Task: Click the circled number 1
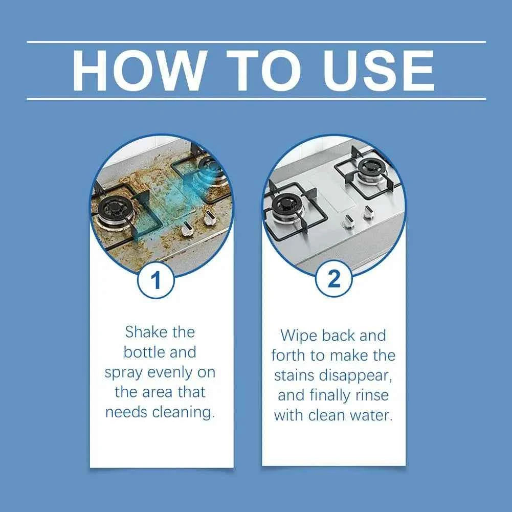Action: (x=156, y=281)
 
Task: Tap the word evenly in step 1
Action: (x=172, y=372)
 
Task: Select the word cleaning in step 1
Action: (x=183, y=412)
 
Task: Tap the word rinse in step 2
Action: (x=369, y=395)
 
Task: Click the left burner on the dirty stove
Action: (x=116, y=210)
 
